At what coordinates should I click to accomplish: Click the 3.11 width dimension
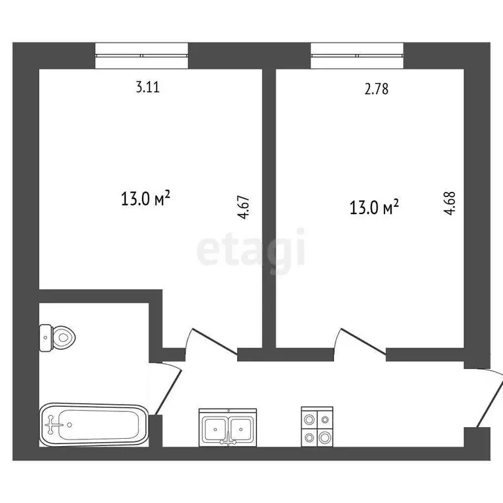click(x=147, y=86)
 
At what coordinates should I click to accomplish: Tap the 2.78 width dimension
click(x=377, y=89)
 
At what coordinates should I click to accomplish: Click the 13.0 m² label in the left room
click(x=146, y=198)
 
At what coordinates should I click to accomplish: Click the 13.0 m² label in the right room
click(x=374, y=208)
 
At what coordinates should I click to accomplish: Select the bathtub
click(x=94, y=425)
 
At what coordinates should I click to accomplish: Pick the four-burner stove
click(x=317, y=427)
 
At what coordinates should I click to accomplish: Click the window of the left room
click(x=141, y=55)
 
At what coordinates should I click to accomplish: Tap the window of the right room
click(x=358, y=55)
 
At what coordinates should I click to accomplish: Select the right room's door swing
click(x=359, y=343)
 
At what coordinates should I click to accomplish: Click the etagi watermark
click(x=251, y=247)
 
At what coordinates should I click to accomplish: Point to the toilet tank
click(x=45, y=338)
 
